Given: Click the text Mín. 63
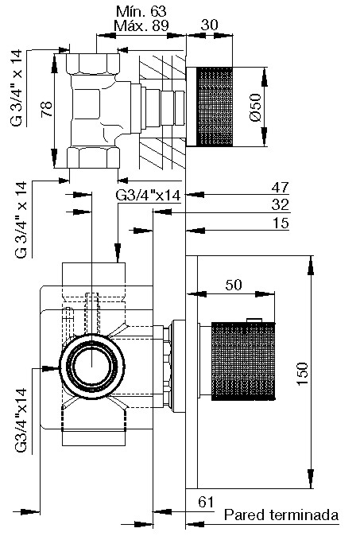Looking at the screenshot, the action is [141, 12].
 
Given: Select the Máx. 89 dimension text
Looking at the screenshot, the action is [141, 25].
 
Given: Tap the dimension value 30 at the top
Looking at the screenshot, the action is [209, 25].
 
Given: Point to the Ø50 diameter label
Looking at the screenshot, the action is [255, 107].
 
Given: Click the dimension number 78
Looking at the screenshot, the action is [47, 110].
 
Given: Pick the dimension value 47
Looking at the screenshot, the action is [281, 188].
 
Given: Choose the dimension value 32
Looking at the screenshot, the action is [281, 204].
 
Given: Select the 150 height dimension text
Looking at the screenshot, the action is [302, 374].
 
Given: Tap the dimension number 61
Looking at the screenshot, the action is [206, 502].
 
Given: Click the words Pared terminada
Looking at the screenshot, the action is [281, 515].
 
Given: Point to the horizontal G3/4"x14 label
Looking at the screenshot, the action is [148, 195].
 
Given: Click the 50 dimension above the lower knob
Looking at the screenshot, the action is [234, 285].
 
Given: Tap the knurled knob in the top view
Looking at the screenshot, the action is [214, 107].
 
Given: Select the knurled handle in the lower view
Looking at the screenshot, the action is [243, 361].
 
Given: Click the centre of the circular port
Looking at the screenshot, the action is [92, 367].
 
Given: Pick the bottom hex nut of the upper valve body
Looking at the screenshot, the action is [93, 157].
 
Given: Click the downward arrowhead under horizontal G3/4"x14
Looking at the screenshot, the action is [118, 252].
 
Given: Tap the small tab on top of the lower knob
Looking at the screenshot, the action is [254, 320].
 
